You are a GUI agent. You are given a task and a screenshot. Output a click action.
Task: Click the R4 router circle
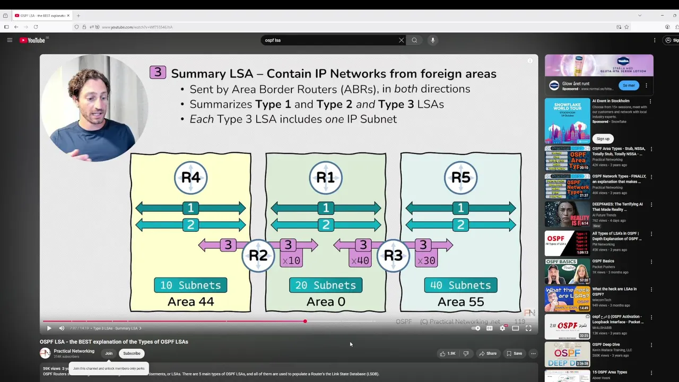pos(190,177)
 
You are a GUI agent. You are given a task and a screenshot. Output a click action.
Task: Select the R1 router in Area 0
pos(326,177)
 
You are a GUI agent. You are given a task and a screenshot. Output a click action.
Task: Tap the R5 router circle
pos(460,177)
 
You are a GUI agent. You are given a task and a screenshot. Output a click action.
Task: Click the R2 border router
pos(258,255)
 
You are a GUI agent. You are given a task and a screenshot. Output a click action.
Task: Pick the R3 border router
pos(393,255)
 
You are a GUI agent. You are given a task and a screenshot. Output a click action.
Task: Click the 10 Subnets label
pos(190,285)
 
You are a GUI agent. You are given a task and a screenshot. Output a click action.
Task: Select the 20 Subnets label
pos(326,285)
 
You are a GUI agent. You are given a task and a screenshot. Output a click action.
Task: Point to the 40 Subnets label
pos(460,285)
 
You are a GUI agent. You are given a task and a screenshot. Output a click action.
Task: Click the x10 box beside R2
pos(291,261)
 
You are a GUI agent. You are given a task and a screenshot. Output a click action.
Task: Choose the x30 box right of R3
pos(426,261)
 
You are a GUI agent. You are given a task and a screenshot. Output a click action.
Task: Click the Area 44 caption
pos(190,302)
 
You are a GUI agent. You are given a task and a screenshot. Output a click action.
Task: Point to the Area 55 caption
pos(460,302)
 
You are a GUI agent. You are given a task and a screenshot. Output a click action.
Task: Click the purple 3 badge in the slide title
pos(158,73)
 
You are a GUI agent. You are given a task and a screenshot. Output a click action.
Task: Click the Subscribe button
pos(132,353)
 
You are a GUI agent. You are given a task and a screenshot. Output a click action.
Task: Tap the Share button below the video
pos(488,353)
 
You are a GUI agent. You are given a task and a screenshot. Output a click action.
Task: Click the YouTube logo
pos(32,40)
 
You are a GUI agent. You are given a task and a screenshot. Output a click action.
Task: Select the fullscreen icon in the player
pos(528,328)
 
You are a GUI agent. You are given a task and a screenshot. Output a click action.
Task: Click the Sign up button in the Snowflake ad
pos(603,138)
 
